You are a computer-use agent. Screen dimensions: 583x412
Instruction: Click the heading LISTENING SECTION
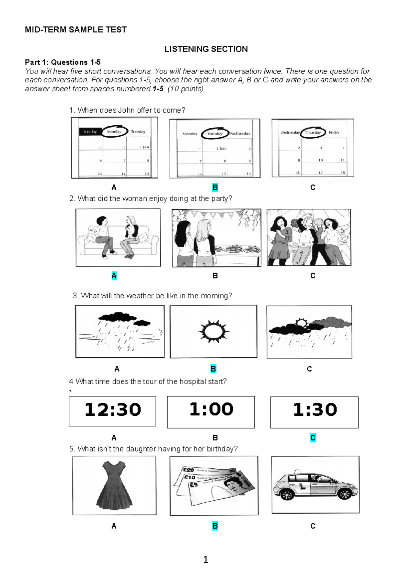click(x=206, y=49)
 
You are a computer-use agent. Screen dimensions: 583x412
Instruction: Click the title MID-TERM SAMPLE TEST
click(x=76, y=30)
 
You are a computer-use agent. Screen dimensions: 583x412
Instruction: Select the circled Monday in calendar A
click(x=114, y=132)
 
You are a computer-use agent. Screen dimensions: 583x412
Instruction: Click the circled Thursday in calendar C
click(x=313, y=133)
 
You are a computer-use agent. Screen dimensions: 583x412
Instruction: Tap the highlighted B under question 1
click(x=215, y=187)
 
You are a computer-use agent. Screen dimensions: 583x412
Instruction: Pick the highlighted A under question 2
click(x=114, y=276)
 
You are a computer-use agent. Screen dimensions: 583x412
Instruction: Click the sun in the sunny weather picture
click(x=214, y=332)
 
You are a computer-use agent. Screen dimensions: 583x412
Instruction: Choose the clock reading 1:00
click(x=211, y=410)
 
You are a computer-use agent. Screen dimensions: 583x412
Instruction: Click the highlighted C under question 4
click(x=313, y=438)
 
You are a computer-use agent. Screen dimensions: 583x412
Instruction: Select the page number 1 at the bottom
click(x=206, y=560)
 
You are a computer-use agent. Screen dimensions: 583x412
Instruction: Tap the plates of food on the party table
click(x=237, y=248)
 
